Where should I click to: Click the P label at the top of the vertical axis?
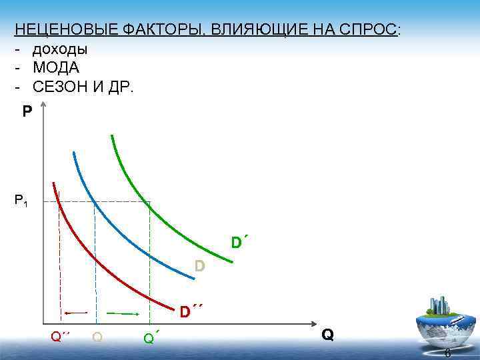(x=27, y=111)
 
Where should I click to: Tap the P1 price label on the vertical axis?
(x=21, y=201)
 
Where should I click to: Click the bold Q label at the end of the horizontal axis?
(x=327, y=334)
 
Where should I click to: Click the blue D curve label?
(x=199, y=267)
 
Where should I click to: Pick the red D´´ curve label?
(x=190, y=311)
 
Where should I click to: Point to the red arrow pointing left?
(x=76, y=312)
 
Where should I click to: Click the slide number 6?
(x=447, y=353)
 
